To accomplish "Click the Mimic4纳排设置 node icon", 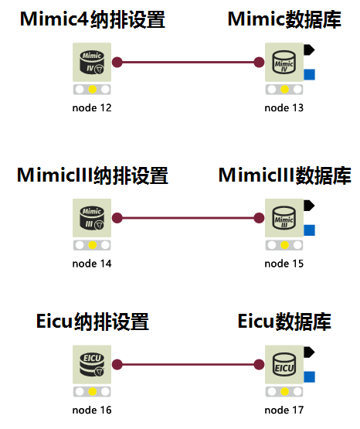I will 92,62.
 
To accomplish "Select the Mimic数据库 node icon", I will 284,62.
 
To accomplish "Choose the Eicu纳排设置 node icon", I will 92,364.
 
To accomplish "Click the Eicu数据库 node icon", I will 284,364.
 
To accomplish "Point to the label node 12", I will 92,107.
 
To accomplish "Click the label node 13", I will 284,107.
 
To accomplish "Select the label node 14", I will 92,264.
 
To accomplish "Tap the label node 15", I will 284,264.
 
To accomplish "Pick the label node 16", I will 92,410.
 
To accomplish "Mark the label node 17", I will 284,410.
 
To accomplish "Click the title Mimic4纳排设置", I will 92,20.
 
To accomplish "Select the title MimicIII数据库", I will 284,175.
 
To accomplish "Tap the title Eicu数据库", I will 284,322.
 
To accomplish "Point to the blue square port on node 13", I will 310,74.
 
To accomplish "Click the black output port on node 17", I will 308,352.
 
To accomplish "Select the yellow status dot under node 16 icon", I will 92,391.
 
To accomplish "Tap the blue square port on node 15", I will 310,230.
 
